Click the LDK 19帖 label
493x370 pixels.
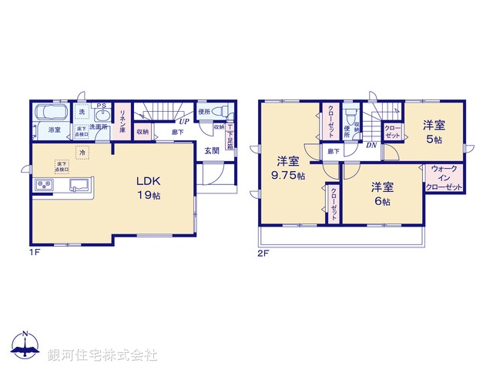149,188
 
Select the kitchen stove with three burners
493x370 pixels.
42,187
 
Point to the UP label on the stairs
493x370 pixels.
184,121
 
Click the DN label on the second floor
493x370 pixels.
371,145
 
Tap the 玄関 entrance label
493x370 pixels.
211,151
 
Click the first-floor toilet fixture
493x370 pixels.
216,112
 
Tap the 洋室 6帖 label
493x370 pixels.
381,193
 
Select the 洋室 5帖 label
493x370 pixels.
433,132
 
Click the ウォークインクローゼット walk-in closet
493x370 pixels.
446,178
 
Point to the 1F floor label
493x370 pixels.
34,252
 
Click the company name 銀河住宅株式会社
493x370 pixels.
102,355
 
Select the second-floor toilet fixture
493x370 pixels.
350,116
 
